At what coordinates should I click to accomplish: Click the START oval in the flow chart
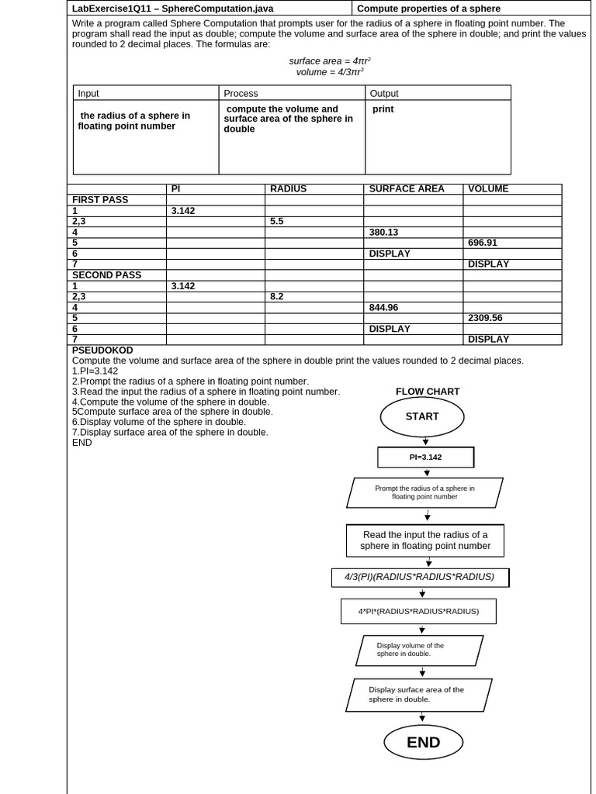(x=421, y=417)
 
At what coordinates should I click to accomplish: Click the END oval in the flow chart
(x=423, y=743)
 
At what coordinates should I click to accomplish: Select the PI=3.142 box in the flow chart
(x=425, y=457)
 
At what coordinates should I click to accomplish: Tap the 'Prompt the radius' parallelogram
(x=424, y=492)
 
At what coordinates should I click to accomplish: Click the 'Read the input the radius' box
(x=425, y=540)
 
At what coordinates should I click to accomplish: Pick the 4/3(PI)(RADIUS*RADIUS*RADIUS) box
(x=420, y=578)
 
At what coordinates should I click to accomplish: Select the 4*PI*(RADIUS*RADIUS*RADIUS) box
(x=418, y=611)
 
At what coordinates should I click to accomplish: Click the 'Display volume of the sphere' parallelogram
(x=419, y=650)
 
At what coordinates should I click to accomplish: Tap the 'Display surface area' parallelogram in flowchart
(x=418, y=695)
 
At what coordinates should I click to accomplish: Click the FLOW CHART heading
(x=428, y=392)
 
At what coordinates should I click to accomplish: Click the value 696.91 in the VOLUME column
(x=483, y=243)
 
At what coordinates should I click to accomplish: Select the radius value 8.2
(x=277, y=296)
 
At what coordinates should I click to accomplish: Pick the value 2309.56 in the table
(x=485, y=318)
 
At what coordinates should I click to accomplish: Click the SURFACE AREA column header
(x=407, y=189)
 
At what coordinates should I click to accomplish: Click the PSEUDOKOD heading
(x=102, y=350)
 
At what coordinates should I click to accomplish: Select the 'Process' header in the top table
(x=241, y=93)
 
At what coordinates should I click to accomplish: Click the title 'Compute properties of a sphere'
(x=428, y=9)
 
